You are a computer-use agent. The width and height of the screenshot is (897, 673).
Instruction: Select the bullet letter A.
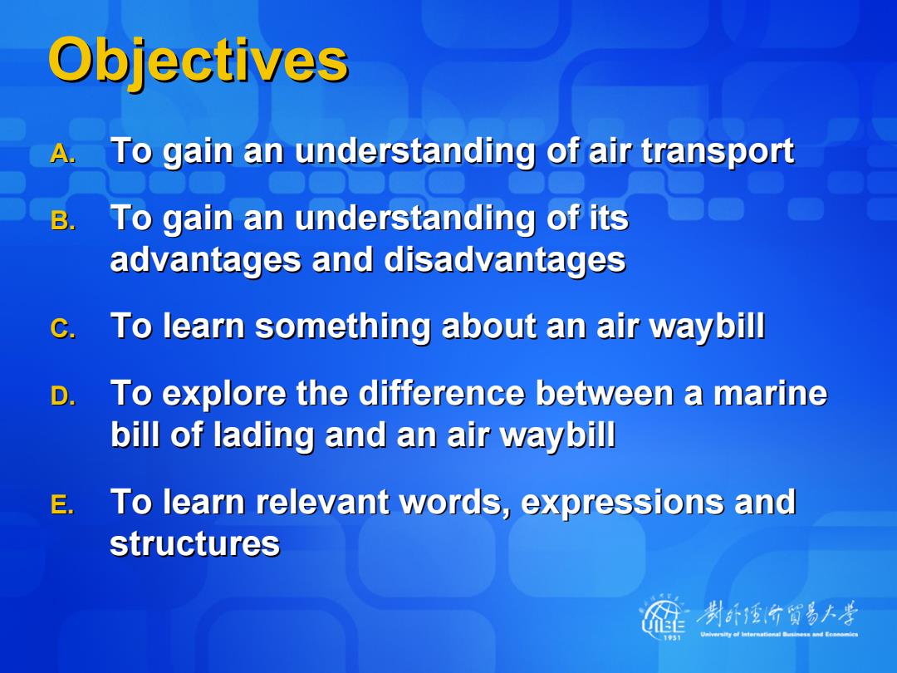(x=62, y=154)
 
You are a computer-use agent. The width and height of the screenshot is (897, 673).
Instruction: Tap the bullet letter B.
(x=62, y=221)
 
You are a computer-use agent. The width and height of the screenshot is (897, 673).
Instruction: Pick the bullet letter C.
(x=62, y=328)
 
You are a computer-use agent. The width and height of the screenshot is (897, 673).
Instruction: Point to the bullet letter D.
(x=62, y=396)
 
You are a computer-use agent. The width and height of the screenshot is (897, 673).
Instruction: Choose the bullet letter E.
(x=61, y=504)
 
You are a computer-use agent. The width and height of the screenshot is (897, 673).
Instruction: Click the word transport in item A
(x=718, y=152)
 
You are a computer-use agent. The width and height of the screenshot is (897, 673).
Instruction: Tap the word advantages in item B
(x=205, y=260)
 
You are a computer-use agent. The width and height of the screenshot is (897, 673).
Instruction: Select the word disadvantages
(x=505, y=260)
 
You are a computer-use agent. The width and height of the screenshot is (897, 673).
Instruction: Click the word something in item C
(x=342, y=327)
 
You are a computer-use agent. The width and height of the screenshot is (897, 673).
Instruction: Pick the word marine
(x=770, y=394)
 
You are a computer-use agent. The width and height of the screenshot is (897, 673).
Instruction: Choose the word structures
(x=194, y=543)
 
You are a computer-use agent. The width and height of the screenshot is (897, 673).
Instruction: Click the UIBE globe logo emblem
(x=664, y=617)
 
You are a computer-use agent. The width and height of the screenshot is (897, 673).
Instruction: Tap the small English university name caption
(x=779, y=634)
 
